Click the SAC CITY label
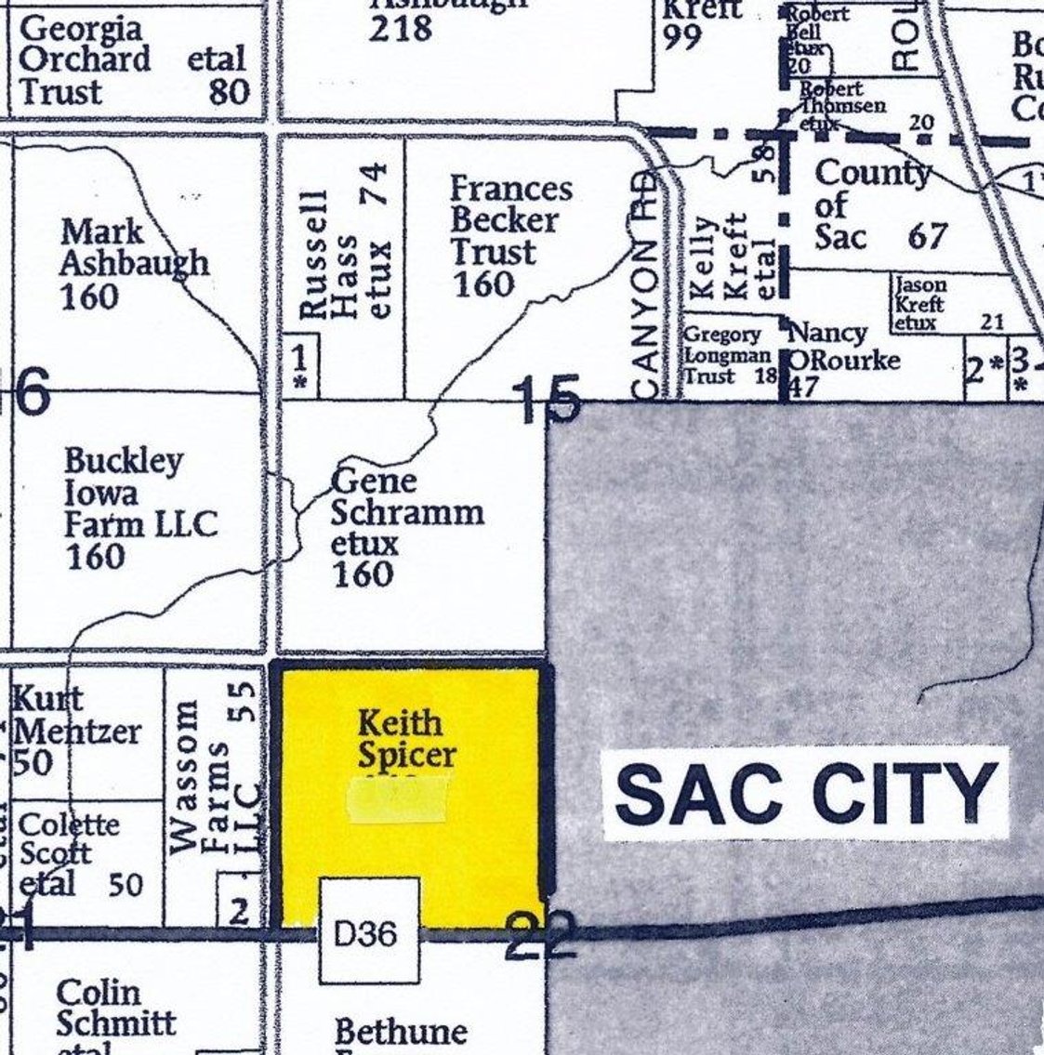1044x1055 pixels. tap(806, 793)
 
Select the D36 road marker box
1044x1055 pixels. tap(370, 931)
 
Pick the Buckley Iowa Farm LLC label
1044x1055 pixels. tap(139, 508)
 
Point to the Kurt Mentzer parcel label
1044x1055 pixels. tap(74, 731)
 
